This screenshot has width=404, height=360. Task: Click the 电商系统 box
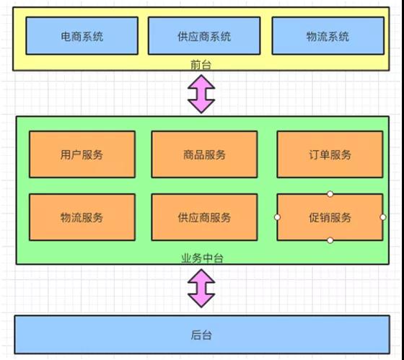tap(82, 35)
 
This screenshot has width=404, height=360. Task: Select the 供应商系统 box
tap(204, 35)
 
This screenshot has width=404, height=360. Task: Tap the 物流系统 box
tap(328, 35)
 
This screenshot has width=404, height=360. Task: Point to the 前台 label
tap(201, 64)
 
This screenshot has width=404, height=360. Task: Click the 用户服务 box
tap(82, 154)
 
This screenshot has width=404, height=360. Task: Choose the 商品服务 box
tap(204, 154)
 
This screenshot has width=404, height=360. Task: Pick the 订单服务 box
tap(330, 154)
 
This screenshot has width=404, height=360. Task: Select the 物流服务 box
tap(82, 217)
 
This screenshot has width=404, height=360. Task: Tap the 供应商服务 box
tap(204, 217)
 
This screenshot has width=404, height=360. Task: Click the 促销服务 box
tap(330, 217)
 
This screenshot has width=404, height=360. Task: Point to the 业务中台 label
tap(202, 258)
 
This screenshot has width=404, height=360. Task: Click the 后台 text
tap(201, 335)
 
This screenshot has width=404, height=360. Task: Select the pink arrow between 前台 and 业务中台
tap(201, 94)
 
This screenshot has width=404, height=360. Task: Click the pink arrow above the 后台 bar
tap(201, 289)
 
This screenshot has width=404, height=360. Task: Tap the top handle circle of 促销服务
tap(330, 194)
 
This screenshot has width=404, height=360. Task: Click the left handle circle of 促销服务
tap(277, 217)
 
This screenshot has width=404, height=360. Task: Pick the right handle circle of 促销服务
tap(383, 217)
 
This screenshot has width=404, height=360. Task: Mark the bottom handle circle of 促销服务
tap(330, 240)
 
